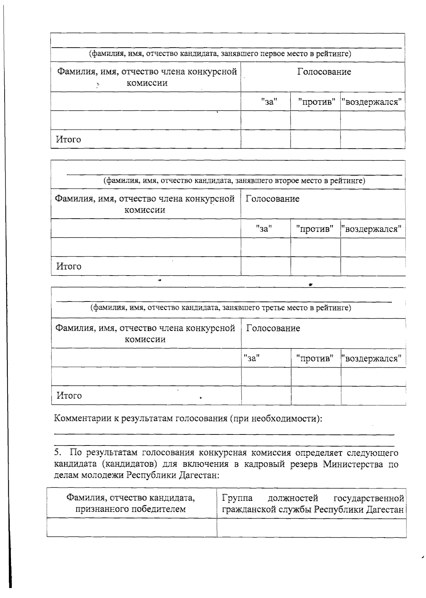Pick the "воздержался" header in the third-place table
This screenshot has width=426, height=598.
tap(373, 358)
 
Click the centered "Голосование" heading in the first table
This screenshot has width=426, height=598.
tap(324, 72)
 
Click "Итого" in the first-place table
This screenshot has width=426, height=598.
tap(68, 139)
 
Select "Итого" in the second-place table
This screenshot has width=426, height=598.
tap(69, 266)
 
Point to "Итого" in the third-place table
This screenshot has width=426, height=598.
tap(69, 396)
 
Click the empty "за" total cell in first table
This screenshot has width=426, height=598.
tap(266, 139)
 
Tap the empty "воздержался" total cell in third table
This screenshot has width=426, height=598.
tap(373, 395)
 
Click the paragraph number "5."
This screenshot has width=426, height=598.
tap(58, 453)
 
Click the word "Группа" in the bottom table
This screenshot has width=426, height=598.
tap(237, 497)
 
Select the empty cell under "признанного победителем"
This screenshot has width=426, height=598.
tap(131, 528)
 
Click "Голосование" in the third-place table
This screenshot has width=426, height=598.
tap(273, 328)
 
